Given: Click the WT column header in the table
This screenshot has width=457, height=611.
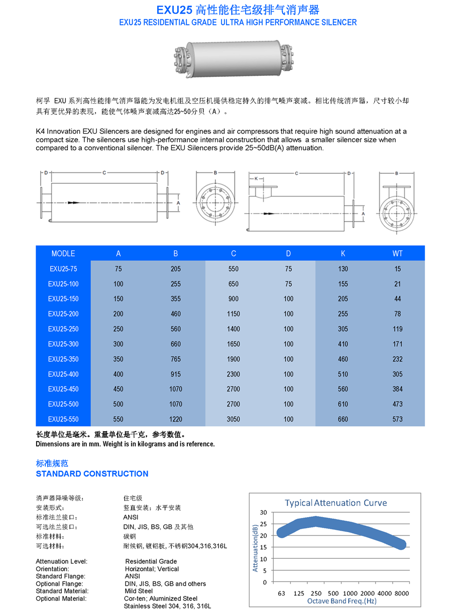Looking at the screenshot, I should click(x=397, y=253).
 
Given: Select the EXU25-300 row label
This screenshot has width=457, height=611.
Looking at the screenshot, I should click(x=63, y=344).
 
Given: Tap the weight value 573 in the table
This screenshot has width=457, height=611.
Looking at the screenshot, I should click(x=397, y=419).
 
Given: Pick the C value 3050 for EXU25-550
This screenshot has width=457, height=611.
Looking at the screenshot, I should click(x=234, y=419).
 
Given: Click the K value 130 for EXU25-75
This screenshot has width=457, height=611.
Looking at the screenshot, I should click(x=343, y=269).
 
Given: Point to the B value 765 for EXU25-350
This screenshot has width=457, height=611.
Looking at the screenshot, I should click(x=175, y=359).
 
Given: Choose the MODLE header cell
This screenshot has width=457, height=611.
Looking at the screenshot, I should click(x=63, y=253).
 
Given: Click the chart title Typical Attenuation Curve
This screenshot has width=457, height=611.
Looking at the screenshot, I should click(x=335, y=503).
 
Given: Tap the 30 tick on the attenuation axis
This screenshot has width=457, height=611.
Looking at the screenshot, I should click(x=264, y=512).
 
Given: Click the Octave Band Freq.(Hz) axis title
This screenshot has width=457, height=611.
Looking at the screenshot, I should click(x=341, y=601).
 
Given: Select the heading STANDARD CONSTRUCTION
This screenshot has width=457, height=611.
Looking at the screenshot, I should click(x=92, y=474).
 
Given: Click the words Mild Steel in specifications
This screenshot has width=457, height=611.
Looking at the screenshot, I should click(x=139, y=591).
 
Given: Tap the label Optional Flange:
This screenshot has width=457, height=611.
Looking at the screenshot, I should click(x=59, y=584).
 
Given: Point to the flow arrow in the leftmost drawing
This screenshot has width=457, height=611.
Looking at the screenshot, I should click(x=73, y=202).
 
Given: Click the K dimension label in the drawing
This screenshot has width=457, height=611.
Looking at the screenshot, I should click(x=256, y=178).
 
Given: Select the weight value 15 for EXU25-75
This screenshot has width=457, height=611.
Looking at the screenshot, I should click(x=397, y=269).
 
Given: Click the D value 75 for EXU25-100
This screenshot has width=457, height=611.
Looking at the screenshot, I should click(x=288, y=284).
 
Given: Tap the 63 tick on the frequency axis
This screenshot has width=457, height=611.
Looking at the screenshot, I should click(x=281, y=593).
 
